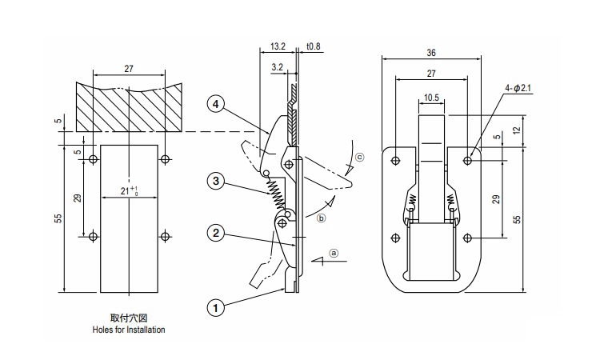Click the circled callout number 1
pos(215,306)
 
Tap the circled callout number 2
pos(215,234)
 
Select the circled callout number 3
pos(215,181)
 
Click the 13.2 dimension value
pos(278,47)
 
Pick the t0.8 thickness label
pos(313,47)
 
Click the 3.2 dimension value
pos(277,68)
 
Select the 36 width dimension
pos(431,54)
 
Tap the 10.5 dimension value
pos(431,98)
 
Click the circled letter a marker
pos(335,252)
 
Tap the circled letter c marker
pos(359,157)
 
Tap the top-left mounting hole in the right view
pos(395,160)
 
